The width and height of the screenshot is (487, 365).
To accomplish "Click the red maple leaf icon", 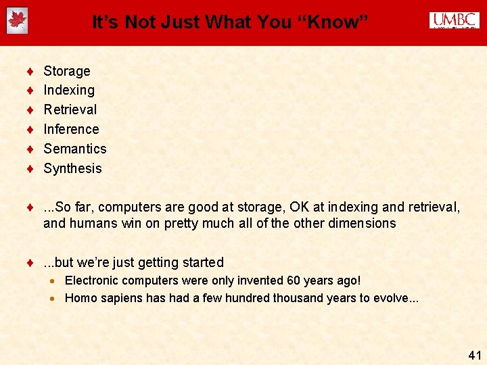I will click(17, 21).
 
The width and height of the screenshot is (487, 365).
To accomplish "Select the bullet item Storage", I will click(66, 71).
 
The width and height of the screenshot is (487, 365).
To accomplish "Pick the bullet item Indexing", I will click(69, 90).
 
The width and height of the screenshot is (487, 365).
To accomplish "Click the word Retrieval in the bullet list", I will click(70, 109).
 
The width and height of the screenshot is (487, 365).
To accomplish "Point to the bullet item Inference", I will click(71, 129).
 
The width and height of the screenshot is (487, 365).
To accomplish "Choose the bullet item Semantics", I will click(75, 149).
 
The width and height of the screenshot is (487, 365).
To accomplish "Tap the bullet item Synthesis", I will click(72, 168).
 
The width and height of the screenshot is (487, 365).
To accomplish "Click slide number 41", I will click(474, 355).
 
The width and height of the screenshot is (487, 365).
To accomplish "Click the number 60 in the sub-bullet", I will click(295, 281).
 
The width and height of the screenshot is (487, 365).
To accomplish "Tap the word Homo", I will click(80, 298).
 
